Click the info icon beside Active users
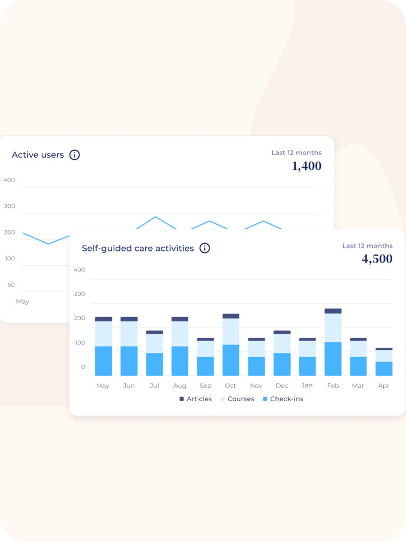[x=75, y=155]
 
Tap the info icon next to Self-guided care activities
[x=205, y=248]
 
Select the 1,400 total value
[x=307, y=166]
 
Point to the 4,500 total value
[x=377, y=259]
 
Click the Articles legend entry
[x=196, y=399]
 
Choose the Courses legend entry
[x=237, y=399]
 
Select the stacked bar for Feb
[x=333, y=342]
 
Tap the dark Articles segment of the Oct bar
[x=230, y=316]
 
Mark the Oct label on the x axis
[x=230, y=386]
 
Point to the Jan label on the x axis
[x=307, y=386]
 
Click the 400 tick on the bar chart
[x=79, y=270]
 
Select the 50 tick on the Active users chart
[x=11, y=285]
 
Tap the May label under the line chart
[x=22, y=302]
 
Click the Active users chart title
[x=38, y=155]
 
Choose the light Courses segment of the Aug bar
[x=180, y=333]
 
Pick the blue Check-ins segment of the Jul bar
[x=154, y=364]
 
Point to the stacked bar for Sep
[x=205, y=357]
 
